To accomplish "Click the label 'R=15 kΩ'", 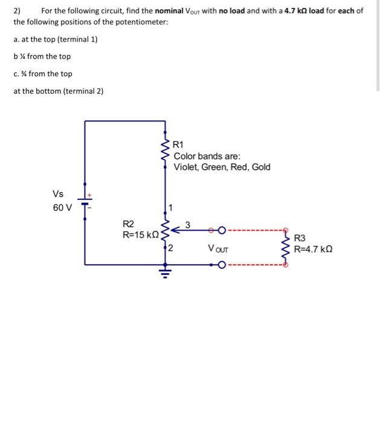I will pyautogui.click(x=140, y=234).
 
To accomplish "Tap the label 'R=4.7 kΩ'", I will pyautogui.click(x=313, y=248).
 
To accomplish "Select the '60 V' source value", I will pyautogui.click(x=62, y=208).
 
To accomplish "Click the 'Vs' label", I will pyautogui.click(x=58, y=194).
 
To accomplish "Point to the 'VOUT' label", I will pyautogui.click(x=218, y=248).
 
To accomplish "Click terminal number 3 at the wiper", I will pyautogui.click(x=187, y=225).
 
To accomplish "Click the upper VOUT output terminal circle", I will pyautogui.click(x=222, y=230).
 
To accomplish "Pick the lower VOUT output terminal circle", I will pyautogui.click(x=222, y=264).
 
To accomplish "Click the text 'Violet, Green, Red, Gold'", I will pyautogui.click(x=222, y=167).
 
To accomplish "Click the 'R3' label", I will pyautogui.click(x=300, y=238).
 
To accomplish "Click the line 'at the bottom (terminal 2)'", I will pyautogui.click(x=59, y=91).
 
